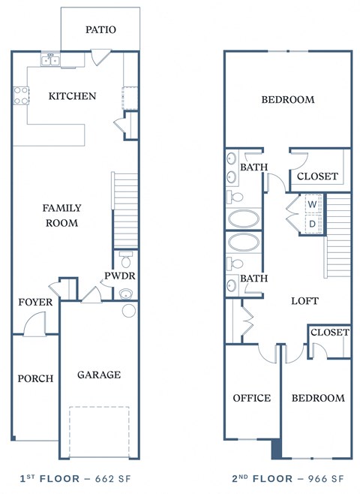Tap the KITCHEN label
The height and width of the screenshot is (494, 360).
[x=72, y=96]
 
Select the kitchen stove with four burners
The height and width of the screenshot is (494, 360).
[x=21, y=96]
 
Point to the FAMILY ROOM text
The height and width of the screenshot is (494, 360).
[x=61, y=215]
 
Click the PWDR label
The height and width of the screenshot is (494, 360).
[x=119, y=276]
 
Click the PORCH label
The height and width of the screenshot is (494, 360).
[x=35, y=378]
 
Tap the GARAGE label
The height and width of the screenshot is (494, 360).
[x=98, y=375]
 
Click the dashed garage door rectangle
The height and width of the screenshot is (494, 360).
[x=99, y=431]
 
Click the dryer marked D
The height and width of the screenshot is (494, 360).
[x=312, y=224]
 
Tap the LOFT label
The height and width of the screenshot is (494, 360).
[x=304, y=301]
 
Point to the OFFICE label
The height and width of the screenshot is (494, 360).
[x=251, y=398]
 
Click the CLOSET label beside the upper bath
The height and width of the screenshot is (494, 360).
[x=317, y=177]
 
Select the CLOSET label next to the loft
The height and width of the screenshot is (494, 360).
[x=329, y=332]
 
